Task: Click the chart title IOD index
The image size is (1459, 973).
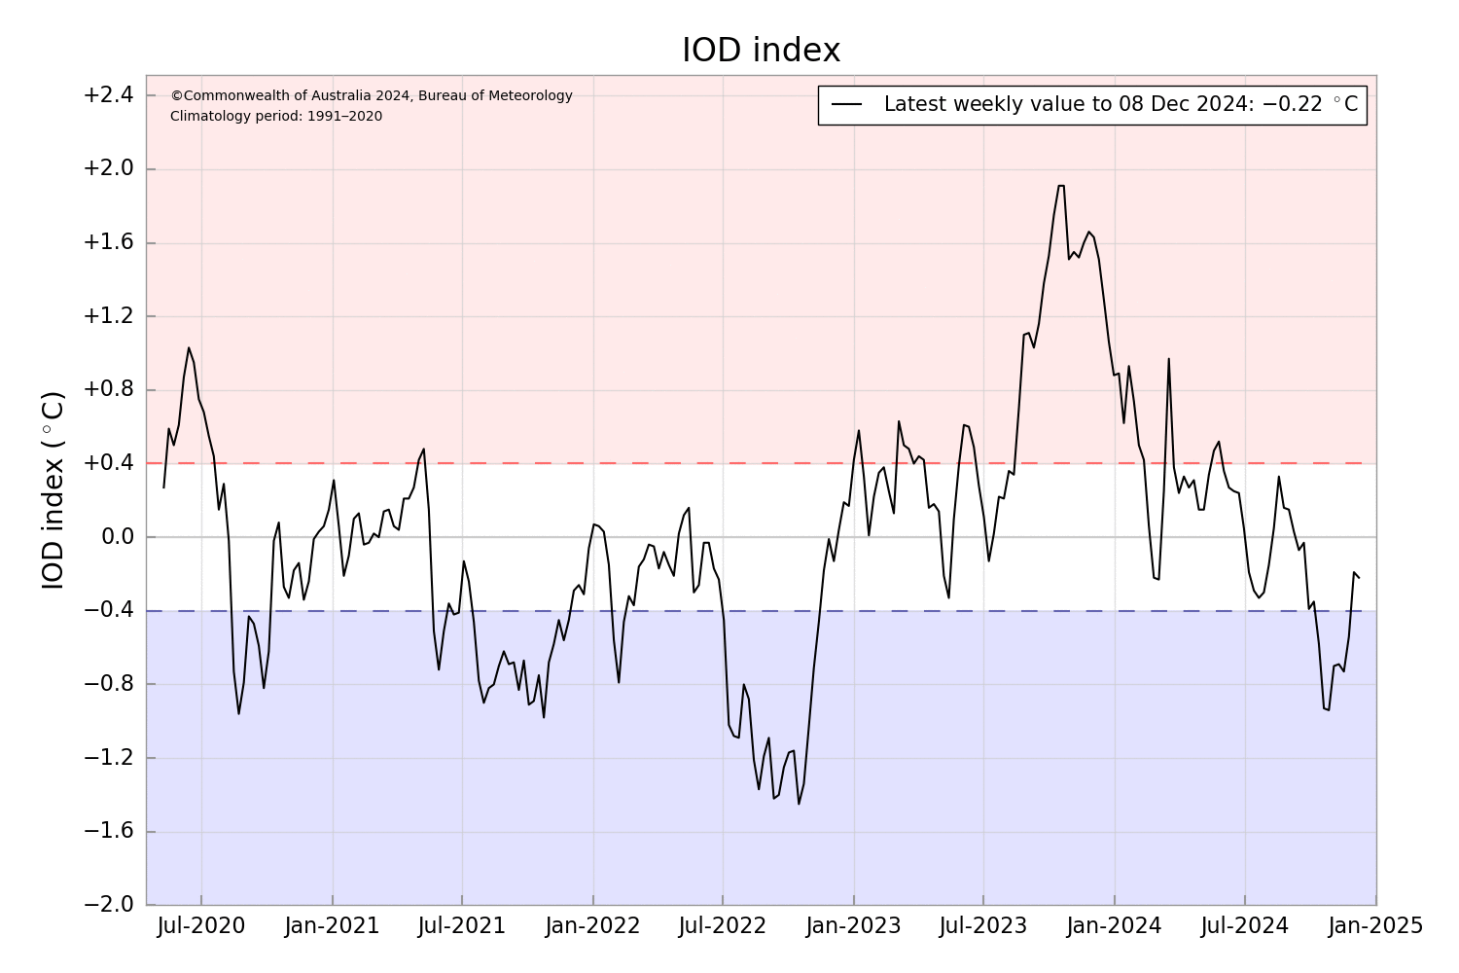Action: pos(761,51)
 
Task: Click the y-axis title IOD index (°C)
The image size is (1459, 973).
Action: pos(53,489)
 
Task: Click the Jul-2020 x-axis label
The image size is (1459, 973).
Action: pos(201,925)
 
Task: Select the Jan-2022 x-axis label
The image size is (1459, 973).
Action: pos(592,925)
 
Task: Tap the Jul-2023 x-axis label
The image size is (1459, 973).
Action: pos(983,925)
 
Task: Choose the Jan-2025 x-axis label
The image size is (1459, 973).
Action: pos(1375,925)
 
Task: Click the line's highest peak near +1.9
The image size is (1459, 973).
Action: pos(1061,186)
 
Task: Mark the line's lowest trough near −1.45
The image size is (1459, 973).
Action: pos(799,804)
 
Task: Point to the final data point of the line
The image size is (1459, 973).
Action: pos(1359,578)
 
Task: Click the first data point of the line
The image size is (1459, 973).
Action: pos(163,487)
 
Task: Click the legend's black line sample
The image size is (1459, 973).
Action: pos(847,105)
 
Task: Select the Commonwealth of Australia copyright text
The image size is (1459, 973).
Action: pos(372,95)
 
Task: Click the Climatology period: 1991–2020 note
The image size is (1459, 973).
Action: pos(276,117)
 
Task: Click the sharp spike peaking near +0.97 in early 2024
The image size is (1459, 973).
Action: pos(1168,359)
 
